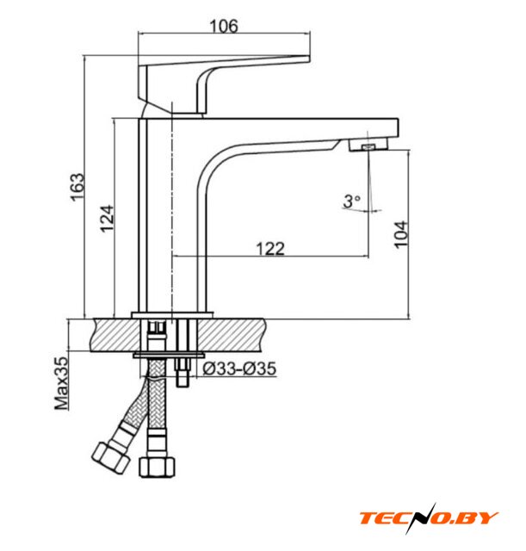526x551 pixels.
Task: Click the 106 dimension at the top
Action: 224,26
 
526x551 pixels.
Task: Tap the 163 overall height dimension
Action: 77,187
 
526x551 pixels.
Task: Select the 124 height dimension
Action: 107,218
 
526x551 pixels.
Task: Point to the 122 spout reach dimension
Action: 270,249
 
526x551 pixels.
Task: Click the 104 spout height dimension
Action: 401,235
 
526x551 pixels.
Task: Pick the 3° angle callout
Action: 352,201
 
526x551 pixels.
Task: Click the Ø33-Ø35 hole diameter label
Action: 239,368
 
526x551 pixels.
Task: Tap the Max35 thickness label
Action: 61,383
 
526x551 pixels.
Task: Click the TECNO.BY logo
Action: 429,518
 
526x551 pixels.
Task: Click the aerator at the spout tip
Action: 368,145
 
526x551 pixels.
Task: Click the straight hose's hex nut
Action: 157,467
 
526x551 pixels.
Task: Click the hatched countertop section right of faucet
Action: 231,335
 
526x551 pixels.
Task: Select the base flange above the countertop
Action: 172,315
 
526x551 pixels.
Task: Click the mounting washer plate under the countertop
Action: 169,355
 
